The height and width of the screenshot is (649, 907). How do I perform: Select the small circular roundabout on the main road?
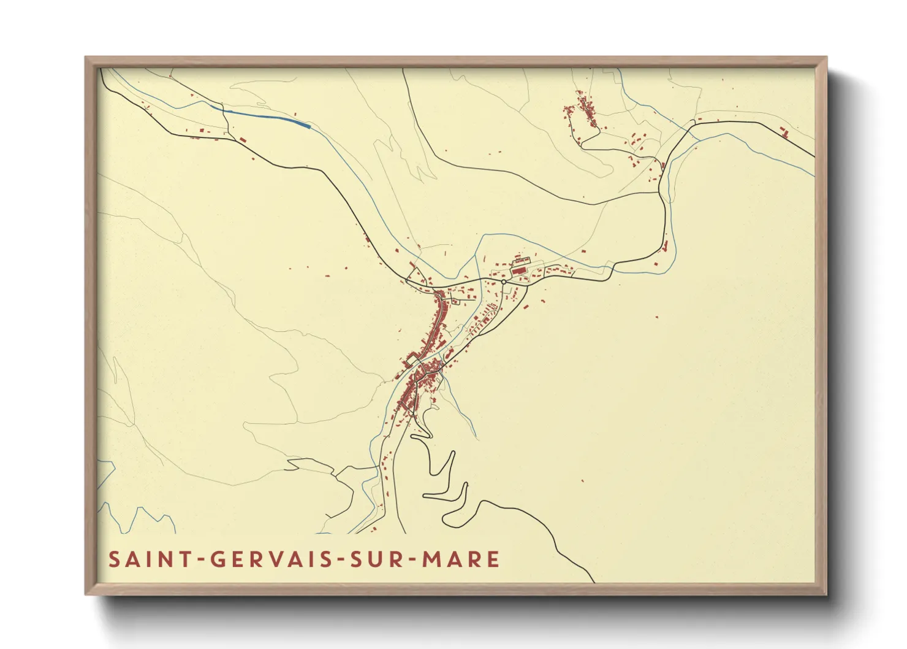(503, 282)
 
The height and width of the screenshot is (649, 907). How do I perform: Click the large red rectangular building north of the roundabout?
(519, 269)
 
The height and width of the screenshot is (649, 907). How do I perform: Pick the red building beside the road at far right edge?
(784, 131)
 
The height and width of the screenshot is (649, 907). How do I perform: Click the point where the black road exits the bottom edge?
(593, 582)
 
